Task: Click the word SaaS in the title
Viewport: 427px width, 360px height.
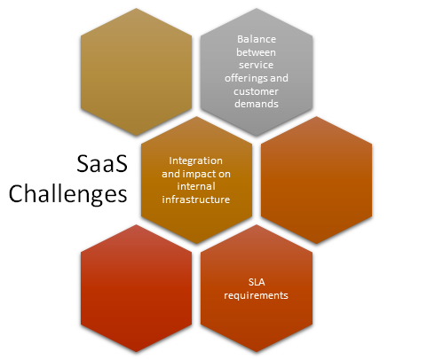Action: click(102, 164)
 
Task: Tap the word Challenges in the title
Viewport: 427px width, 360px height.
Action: click(68, 194)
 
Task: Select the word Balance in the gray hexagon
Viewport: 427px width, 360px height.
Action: click(257, 39)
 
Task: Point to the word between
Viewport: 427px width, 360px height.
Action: click(256, 52)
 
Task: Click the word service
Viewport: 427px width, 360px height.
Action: click(257, 65)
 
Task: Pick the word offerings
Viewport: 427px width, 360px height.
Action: click(246, 78)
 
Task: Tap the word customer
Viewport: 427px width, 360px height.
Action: click(256, 91)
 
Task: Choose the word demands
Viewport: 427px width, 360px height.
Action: click(257, 104)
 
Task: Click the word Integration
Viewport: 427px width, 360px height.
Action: click(195, 160)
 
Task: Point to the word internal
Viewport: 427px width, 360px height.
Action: click(196, 186)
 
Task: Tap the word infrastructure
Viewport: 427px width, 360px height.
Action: click(196, 200)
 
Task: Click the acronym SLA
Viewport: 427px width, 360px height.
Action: click(257, 282)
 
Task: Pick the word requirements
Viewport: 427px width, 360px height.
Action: click(256, 295)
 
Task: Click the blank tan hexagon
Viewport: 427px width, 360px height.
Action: click(136, 72)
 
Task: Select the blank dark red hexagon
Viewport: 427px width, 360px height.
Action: click(136, 288)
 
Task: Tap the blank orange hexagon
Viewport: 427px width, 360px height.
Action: click(316, 180)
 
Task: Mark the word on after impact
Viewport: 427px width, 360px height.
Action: click(225, 175)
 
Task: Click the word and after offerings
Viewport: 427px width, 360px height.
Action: click(279, 78)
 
